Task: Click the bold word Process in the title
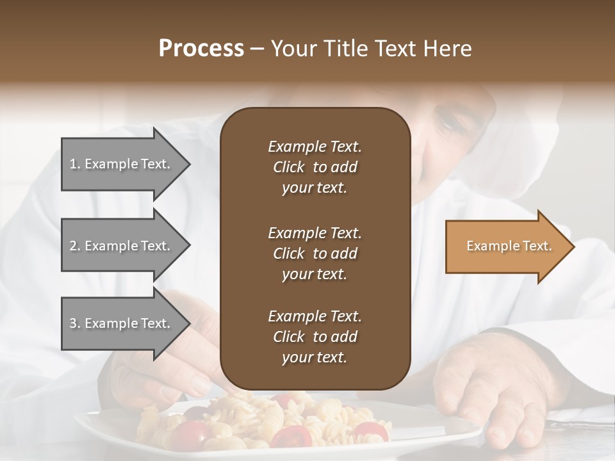pos(201,49)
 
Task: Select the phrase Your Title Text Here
pos(372,49)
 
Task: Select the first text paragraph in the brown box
pos(315,167)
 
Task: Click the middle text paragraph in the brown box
pos(315,253)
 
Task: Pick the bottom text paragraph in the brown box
pos(315,337)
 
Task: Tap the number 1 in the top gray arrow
pos(73,164)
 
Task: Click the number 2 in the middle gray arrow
pos(73,246)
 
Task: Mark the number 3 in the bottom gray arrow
pos(73,323)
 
